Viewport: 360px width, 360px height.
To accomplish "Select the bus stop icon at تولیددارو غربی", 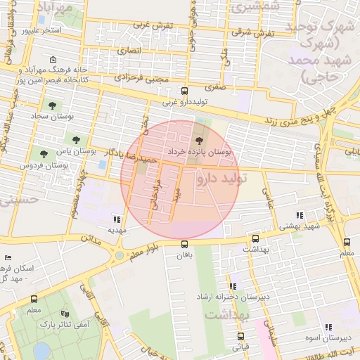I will point(184,91).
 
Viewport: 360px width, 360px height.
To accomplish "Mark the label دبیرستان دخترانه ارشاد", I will point(235,297).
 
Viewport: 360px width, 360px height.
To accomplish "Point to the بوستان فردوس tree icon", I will point(44,153).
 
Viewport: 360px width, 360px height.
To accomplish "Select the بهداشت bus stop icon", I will point(255,238).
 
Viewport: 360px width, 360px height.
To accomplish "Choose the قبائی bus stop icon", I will point(245,336).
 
